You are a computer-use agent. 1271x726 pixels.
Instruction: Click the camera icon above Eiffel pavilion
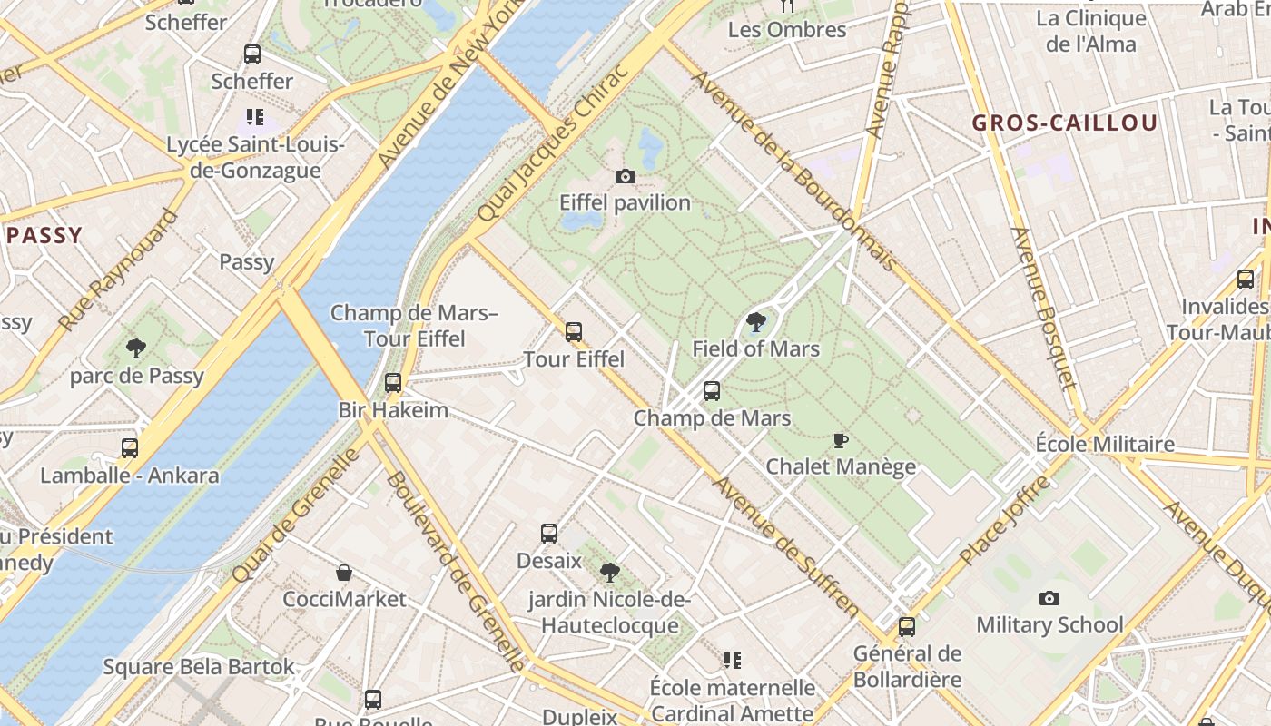[x=625, y=176]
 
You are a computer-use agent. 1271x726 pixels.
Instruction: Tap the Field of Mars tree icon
[x=755, y=321]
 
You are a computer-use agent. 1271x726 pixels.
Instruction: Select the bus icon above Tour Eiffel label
[x=573, y=332]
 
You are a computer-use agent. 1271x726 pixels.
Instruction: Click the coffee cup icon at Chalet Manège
[x=841, y=440]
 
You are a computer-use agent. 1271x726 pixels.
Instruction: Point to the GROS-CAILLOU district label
[x=1064, y=123]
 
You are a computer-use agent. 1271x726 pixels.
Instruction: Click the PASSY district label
[x=44, y=236]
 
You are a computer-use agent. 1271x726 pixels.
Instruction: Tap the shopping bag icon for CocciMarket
[x=344, y=573]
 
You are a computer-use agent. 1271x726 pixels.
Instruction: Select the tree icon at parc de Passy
[x=136, y=348]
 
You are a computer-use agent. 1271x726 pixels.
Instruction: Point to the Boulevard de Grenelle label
[x=456, y=571]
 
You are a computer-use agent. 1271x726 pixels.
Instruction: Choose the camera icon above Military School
[x=1049, y=598]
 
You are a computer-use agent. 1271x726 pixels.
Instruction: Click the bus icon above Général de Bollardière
[x=906, y=626]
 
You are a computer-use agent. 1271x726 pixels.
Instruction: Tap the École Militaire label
[x=1105, y=444]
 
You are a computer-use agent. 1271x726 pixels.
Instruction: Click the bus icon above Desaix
[x=548, y=534]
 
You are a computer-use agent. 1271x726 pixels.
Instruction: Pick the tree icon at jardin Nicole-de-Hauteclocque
[x=610, y=572]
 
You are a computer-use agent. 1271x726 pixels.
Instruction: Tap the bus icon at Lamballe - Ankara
[x=130, y=448]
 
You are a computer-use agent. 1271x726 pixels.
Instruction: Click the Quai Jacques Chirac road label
[x=552, y=144]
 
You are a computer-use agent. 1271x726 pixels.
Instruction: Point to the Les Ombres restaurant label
[x=786, y=30]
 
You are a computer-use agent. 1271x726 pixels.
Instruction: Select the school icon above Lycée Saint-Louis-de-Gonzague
[x=255, y=117]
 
